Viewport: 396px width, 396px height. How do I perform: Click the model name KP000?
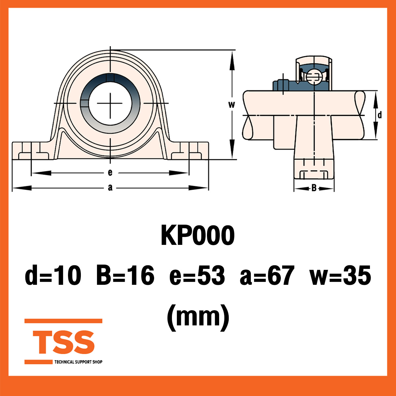pos(197,236)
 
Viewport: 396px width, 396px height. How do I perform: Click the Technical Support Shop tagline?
pos(78,362)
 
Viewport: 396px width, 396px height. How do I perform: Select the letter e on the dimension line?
pos(110,173)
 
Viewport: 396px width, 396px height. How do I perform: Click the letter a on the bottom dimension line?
pos(110,188)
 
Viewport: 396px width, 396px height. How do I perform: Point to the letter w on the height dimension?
pos(232,105)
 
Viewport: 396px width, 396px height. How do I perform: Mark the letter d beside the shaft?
pos(379,115)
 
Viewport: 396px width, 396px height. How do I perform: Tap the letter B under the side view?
pos(314,188)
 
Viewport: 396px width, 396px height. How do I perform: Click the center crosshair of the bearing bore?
pos(110,103)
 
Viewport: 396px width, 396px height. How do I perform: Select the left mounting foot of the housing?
pos(31,151)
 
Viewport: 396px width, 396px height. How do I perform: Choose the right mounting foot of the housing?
pos(190,151)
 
